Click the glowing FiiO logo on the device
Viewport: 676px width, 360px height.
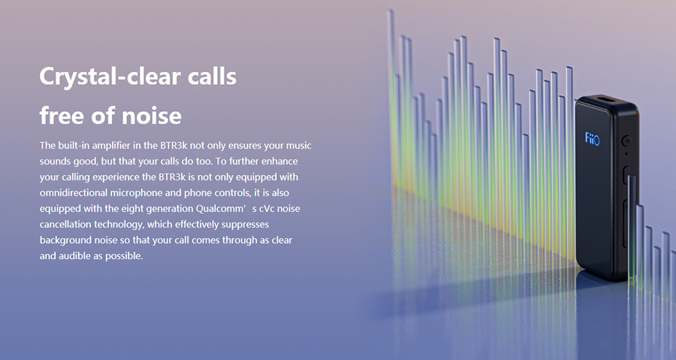pos(592,139)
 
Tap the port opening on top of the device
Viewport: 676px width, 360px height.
pos(607,101)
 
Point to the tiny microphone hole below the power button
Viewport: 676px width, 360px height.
pos(626,153)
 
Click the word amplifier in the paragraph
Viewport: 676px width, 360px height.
pos(111,146)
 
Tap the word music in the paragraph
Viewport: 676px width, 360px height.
pos(299,146)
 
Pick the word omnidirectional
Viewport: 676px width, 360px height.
pos(74,192)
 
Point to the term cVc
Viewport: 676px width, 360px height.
pos(267,209)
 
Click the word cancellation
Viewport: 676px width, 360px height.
pos(65,224)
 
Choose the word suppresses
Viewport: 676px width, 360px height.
pos(245,225)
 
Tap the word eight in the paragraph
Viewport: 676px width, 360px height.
pos(132,209)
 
